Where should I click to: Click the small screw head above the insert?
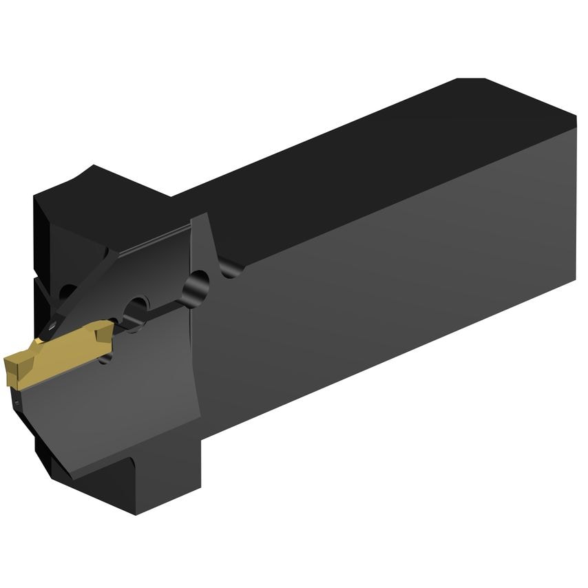51,322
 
